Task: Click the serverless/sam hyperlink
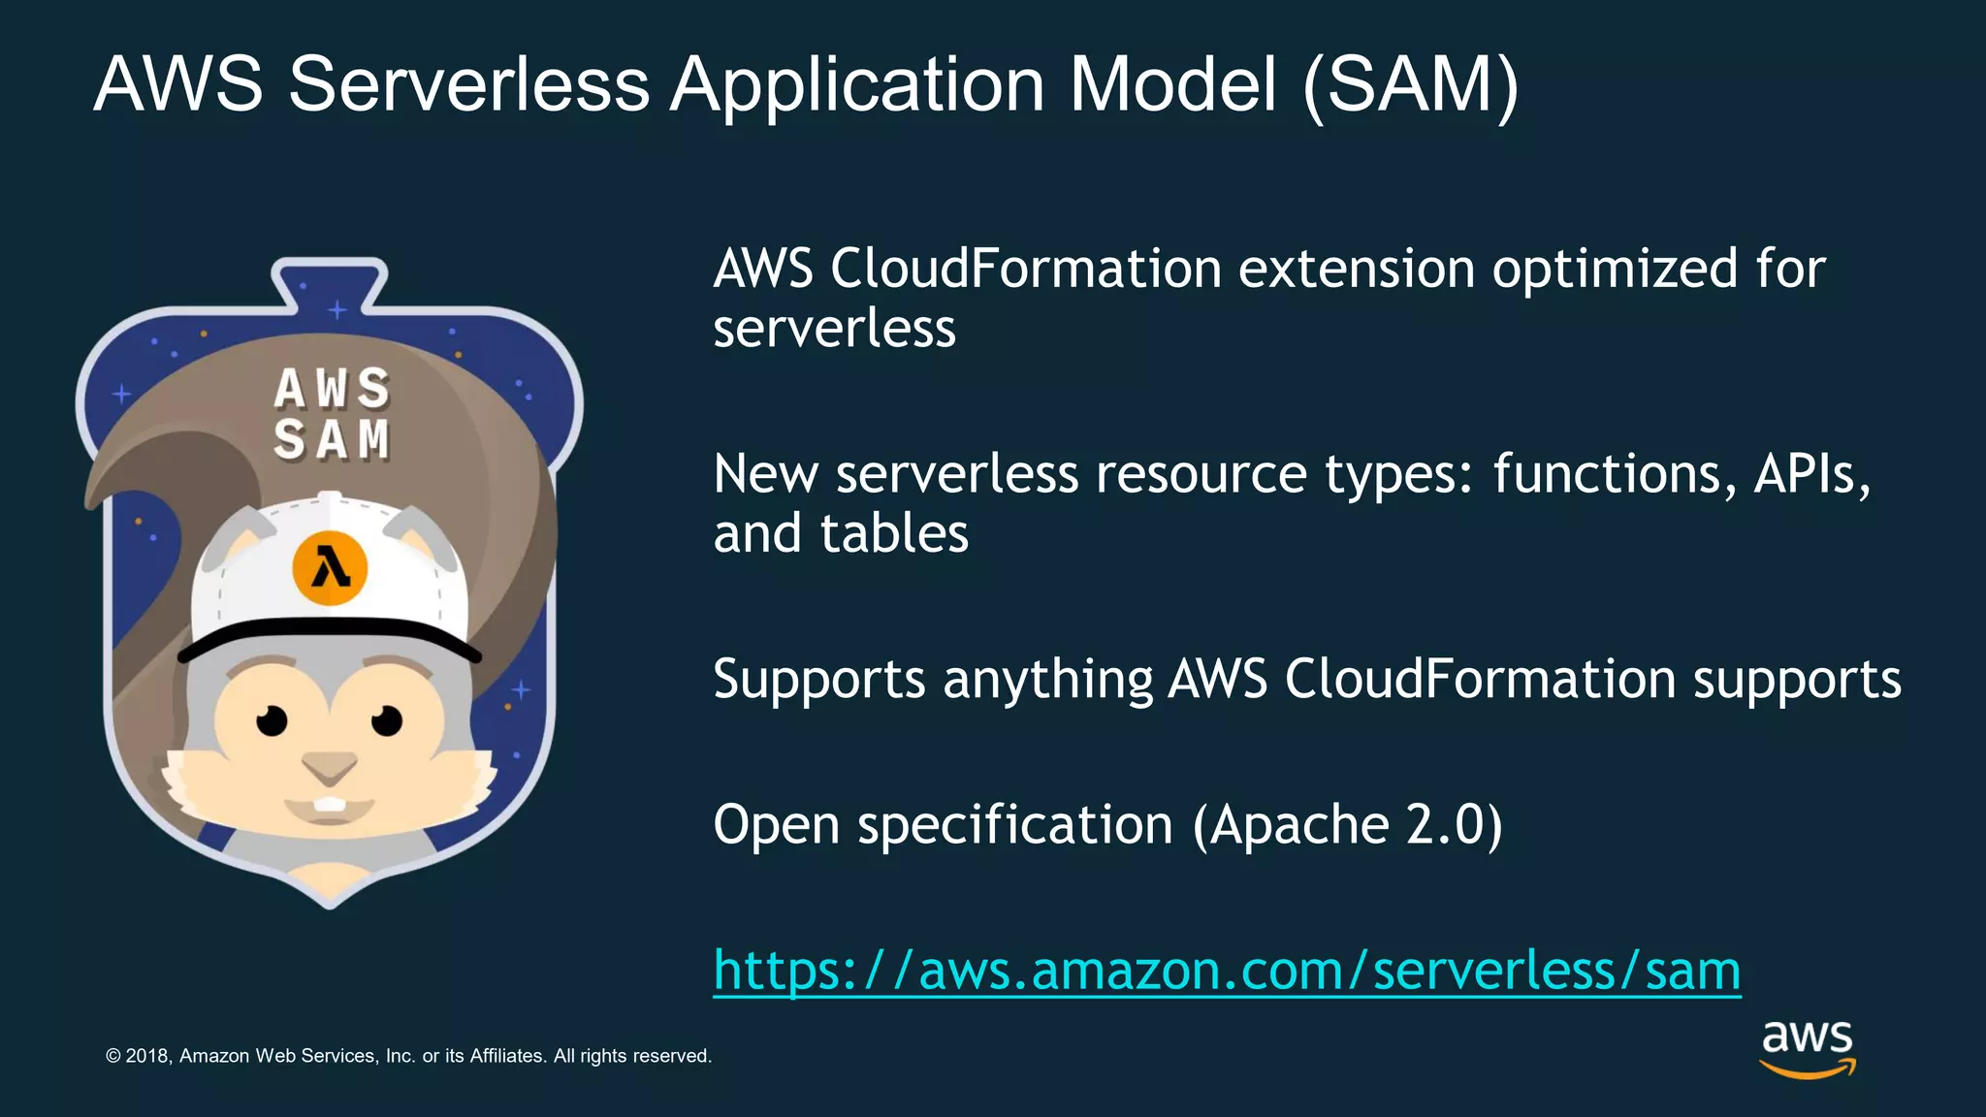click(x=1227, y=970)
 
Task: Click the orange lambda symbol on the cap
click(x=330, y=568)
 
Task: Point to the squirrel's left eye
click(x=272, y=720)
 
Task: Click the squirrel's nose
click(x=330, y=769)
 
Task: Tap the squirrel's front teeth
click(x=331, y=805)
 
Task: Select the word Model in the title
click(x=1172, y=84)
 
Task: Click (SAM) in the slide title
click(x=1411, y=85)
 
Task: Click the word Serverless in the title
click(x=468, y=84)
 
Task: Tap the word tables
click(x=894, y=533)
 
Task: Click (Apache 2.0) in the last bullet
click(x=1347, y=825)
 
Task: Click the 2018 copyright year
click(x=148, y=1056)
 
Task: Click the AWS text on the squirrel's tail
click(x=332, y=389)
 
